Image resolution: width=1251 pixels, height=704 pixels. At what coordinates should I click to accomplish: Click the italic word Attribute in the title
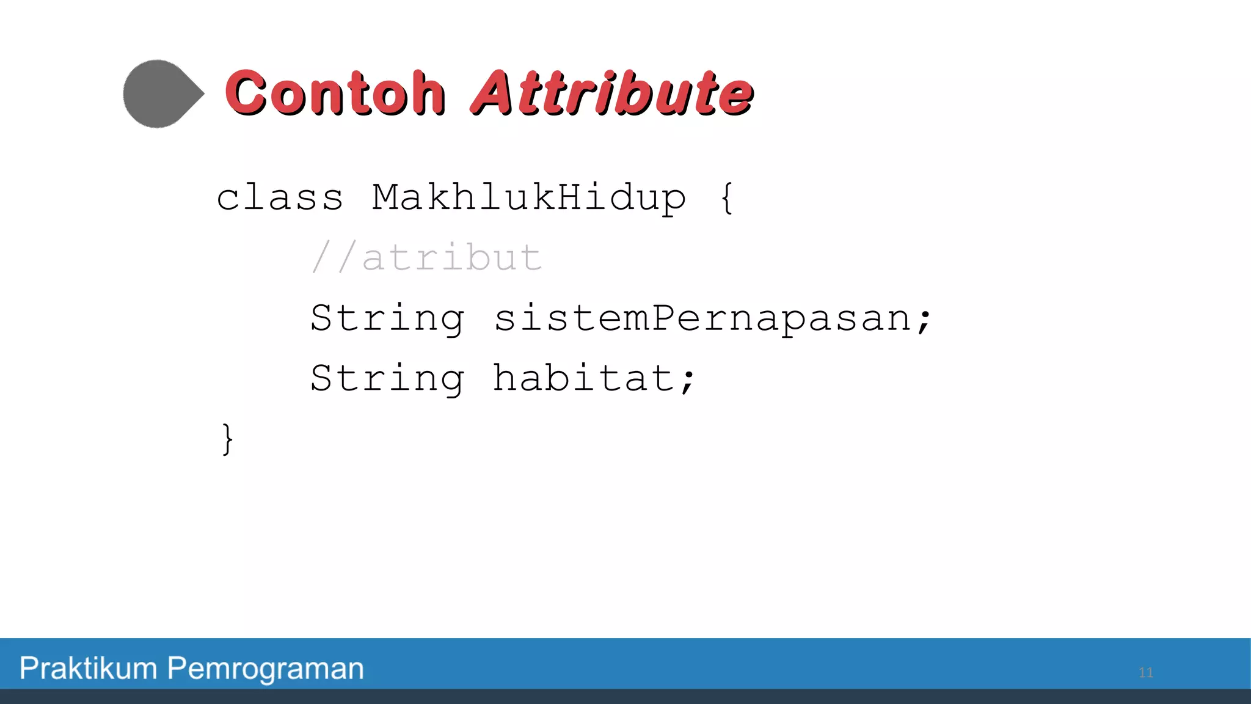click(613, 93)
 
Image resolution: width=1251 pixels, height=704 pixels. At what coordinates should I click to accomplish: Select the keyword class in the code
click(280, 198)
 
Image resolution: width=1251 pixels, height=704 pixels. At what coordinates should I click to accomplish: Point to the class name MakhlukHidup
click(529, 198)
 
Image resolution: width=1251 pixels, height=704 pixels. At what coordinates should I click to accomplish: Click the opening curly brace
click(726, 198)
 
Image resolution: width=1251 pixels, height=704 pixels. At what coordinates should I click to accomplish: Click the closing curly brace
click(227, 439)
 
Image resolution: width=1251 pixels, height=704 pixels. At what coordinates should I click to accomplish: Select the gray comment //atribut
click(426, 257)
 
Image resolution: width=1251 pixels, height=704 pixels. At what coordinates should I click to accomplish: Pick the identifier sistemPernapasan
click(702, 318)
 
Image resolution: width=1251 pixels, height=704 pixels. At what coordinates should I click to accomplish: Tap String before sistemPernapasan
click(387, 318)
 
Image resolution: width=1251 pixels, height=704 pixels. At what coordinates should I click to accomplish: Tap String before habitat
click(387, 378)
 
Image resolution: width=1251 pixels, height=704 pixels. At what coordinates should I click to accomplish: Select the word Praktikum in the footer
click(88, 668)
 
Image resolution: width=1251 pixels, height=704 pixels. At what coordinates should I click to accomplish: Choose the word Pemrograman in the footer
click(266, 668)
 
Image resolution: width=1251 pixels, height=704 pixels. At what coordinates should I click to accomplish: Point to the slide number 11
click(1145, 673)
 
